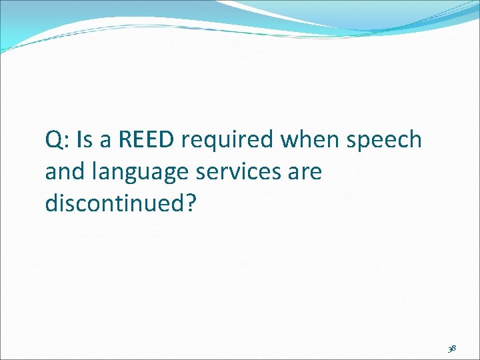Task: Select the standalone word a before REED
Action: point(106,143)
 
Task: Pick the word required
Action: point(227,141)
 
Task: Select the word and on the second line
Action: point(63,172)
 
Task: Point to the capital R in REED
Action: point(125,140)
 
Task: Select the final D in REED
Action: point(166,140)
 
